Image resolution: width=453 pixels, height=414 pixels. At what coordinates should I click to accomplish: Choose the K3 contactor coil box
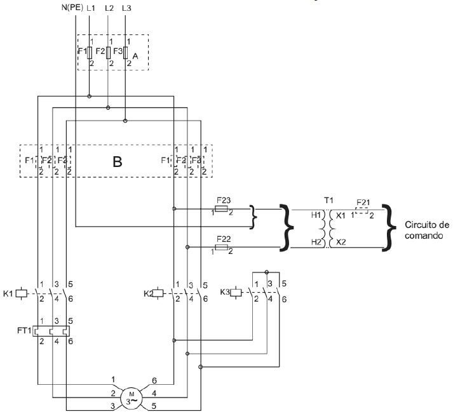tap(235, 293)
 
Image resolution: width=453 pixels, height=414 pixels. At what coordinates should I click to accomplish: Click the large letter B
tap(117, 161)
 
